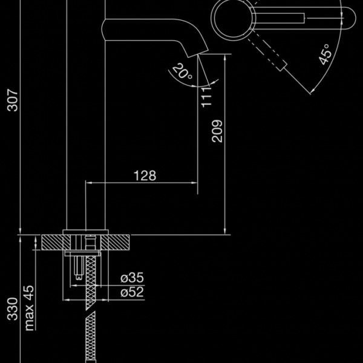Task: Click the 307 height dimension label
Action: click(12, 100)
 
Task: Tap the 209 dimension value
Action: click(217, 131)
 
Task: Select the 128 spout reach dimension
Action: click(145, 175)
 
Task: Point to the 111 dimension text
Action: click(206, 97)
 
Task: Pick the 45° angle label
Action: click(324, 54)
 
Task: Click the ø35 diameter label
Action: click(132, 277)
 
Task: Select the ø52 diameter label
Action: click(132, 292)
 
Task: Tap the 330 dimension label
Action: click(12, 309)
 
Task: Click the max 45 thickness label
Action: click(30, 308)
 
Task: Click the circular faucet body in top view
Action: click(234, 18)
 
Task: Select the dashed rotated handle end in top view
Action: click(281, 66)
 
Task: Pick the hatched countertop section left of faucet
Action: click(56, 243)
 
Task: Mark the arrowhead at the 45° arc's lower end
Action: click(313, 91)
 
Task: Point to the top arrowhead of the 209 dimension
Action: click(225, 57)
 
